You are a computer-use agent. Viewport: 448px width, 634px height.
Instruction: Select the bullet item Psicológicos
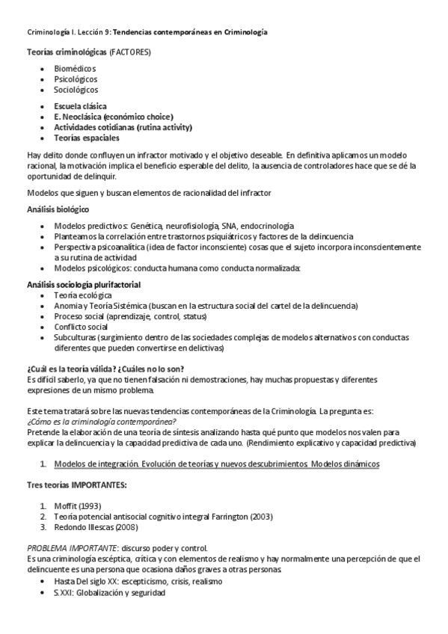pyautogui.click(x=76, y=79)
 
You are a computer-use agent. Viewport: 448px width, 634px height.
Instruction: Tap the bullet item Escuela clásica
pyautogui.click(x=80, y=106)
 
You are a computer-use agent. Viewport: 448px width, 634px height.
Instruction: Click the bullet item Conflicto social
pyautogui.click(x=81, y=327)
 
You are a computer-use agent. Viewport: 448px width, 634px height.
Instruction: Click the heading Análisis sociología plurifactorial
pyautogui.click(x=84, y=285)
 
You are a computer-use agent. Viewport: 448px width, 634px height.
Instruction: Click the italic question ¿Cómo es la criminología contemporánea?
pyautogui.click(x=96, y=422)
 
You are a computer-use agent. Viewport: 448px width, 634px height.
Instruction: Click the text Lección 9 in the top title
pyautogui.click(x=93, y=32)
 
